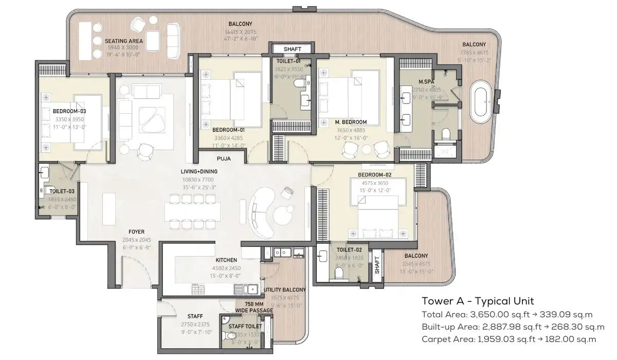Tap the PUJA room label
(x=224, y=159)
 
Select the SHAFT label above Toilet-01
(x=292, y=49)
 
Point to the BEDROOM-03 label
(x=69, y=111)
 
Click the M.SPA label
(x=424, y=82)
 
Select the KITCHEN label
(x=226, y=260)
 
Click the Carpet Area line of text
(x=509, y=339)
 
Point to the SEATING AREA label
(x=123, y=41)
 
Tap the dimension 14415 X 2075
(x=240, y=31)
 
